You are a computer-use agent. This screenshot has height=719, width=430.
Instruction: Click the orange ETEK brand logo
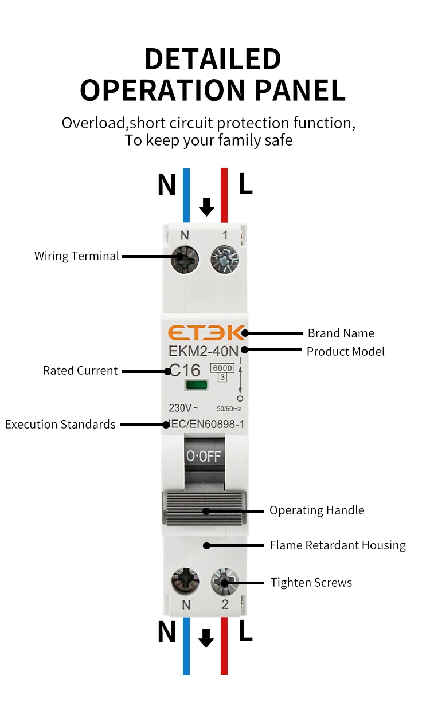coord(206,333)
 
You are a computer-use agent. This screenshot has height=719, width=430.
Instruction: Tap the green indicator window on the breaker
coord(197,384)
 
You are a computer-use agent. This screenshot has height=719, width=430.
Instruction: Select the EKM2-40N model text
coord(204,351)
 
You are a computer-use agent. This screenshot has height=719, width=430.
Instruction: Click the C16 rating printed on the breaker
coord(185,370)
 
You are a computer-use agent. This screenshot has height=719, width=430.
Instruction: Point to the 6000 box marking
coord(222,368)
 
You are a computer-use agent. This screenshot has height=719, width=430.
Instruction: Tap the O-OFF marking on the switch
coord(204,456)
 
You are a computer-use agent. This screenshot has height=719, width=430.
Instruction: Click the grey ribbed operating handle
coord(204,508)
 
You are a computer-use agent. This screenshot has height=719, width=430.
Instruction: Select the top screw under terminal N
coord(185,259)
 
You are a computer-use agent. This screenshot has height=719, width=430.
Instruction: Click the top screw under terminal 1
coord(225,260)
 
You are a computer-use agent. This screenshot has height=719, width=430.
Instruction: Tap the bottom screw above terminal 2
coord(225,582)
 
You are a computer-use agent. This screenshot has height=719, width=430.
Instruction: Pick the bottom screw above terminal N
coord(185,582)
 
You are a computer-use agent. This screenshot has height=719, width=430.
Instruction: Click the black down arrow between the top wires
coord(206,207)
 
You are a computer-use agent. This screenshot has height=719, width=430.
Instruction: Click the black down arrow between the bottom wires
coord(206,638)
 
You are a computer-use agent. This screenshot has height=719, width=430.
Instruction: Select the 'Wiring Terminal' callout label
coord(77,256)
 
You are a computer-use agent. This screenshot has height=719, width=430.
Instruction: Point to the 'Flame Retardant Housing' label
coord(338,545)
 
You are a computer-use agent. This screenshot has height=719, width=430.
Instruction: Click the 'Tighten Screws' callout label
coord(311,583)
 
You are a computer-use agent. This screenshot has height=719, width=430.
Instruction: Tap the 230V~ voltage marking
coord(183,408)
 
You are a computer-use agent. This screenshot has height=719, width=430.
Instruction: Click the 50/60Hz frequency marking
coord(229,408)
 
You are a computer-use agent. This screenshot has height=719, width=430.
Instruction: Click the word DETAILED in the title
coord(213,59)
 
